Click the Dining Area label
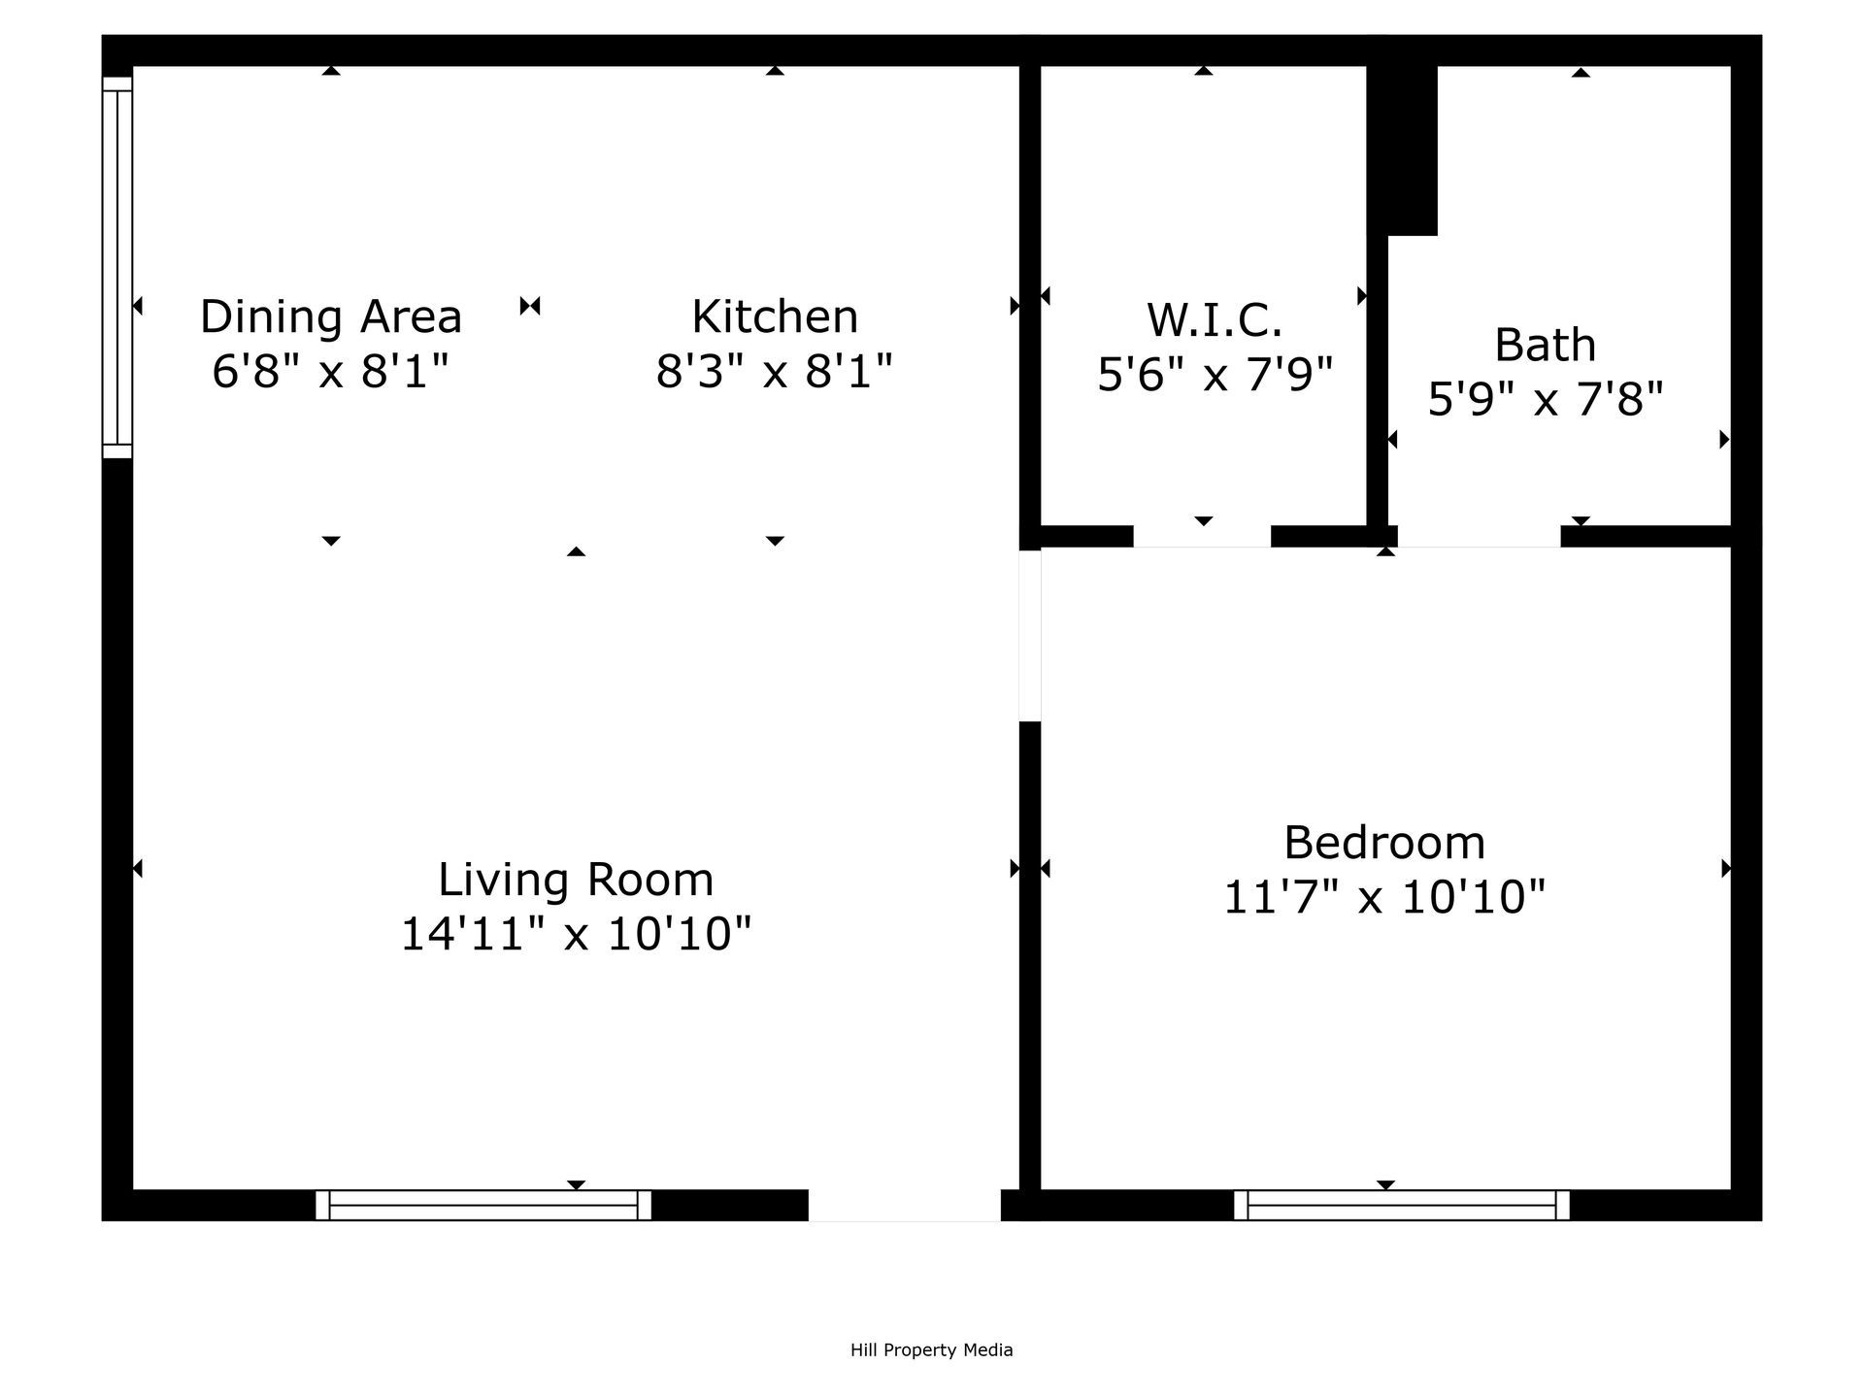pyautogui.click(x=331, y=316)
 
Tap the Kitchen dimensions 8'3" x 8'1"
pyautogui.click(x=774, y=371)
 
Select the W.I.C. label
pyautogui.click(x=1215, y=319)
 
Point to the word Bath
pyautogui.click(x=1545, y=345)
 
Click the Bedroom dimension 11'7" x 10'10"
pyautogui.click(x=1383, y=897)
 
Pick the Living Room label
pyautogui.click(x=576, y=880)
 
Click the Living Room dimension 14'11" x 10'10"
pyautogui.click(x=576, y=934)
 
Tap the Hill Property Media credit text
pyautogui.click(x=931, y=1349)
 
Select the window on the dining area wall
pyautogui.click(x=117, y=267)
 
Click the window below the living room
pyautogui.click(x=483, y=1205)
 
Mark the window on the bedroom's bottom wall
pyautogui.click(x=1401, y=1205)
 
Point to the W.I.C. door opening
pyautogui.click(x=1202, y=536)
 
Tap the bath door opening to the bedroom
pyautogui.click(x=1479, y=536)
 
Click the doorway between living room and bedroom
pyautogui.click(x=1030, y=636)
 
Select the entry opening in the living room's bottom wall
pyautogui.click(x=904, y=1205)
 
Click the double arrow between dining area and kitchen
pyautogui.click(x=530, y=307)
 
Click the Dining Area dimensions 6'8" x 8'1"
pyautogui.click(x=331, y=371)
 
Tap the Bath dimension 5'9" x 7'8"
pyautogui.click(x=1545, y=399)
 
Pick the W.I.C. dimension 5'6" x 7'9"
pyautogui.click(x=1215, y=374)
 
